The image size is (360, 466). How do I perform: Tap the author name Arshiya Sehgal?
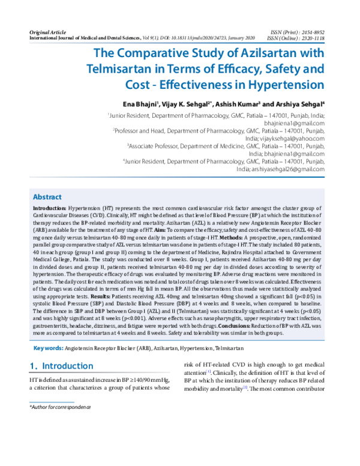[x=302, y=104]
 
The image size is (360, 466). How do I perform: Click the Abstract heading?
[x=47, y=196]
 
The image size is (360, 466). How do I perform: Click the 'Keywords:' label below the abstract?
[x=48, y=348]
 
